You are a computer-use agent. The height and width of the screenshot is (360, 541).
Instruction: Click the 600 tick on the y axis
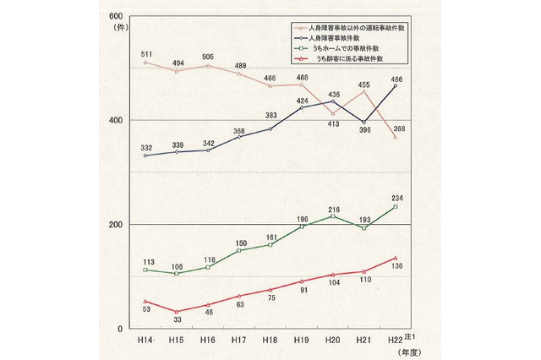coord(115,16)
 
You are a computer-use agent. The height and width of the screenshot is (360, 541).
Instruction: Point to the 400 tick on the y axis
coord(115,120)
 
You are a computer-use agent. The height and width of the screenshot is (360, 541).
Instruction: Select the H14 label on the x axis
coord(145,340)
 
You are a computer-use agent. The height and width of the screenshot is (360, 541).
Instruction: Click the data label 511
coord(145,52)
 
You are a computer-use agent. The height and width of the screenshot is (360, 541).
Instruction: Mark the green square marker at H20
coord(332,216)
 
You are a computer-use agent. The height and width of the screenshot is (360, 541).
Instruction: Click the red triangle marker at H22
coord(394,258)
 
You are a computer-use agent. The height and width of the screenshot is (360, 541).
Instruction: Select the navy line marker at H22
coord(394,86)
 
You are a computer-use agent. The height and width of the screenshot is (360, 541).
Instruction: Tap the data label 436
coord(335,94)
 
